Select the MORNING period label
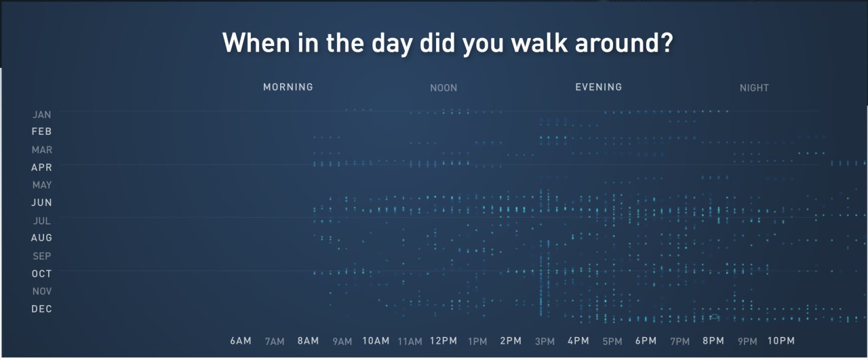(x=288, y=87)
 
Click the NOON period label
(x=443, y=88)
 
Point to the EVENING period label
(x=598, y=87)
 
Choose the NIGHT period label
(x=754, y=88)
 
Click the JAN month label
(x=42, y=115)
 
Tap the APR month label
(x=41, y=167)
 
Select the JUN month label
(x=41, y=202)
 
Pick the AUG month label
(x=41, y=237)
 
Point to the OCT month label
(x=41, y=274)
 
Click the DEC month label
(x=41, y=309)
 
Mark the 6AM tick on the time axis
(x=241, y=340)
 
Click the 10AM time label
(x=376, y=340)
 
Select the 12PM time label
(x=443, y=340)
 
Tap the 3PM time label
(x=545, y=342)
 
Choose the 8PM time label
(x=713, y=340)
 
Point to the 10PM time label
(x=781, y=340)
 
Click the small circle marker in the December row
(x=714, y=317)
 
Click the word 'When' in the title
(x=256, y=42)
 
